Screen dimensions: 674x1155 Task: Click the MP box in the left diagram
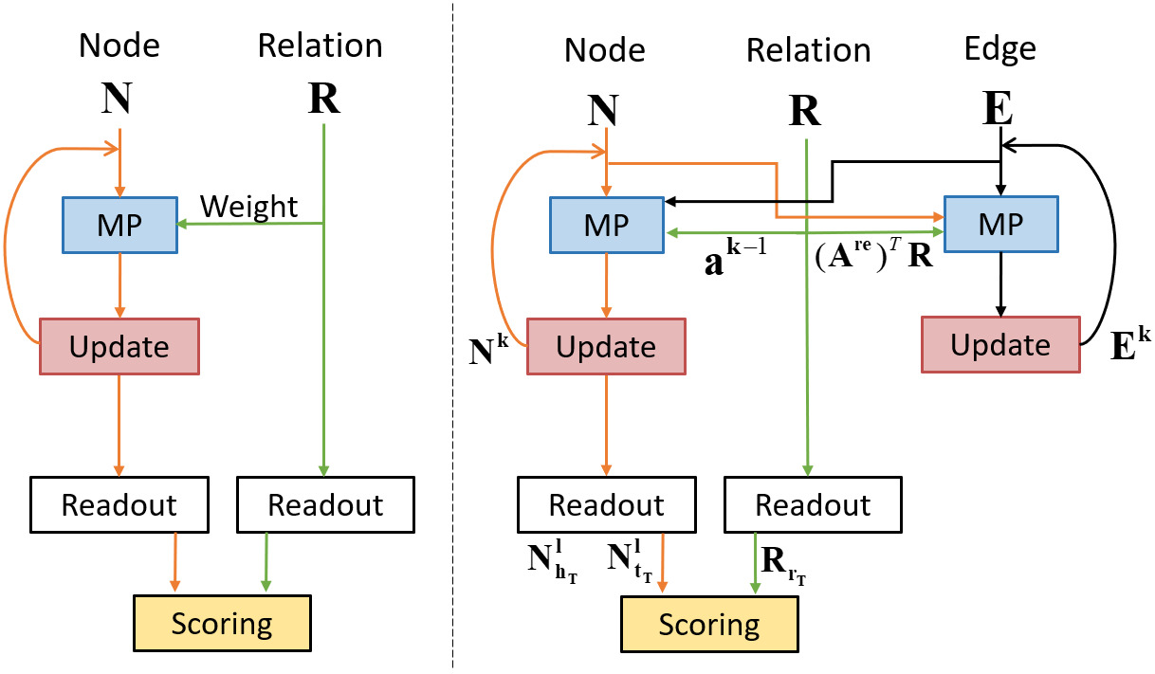tap(119, 226)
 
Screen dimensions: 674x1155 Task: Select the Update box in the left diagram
tap(119, 346)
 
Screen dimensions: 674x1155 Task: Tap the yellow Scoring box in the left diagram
tap(222, 623)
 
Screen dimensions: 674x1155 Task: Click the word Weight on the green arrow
tap(248, 207)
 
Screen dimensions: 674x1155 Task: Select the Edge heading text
tap(1000, 49)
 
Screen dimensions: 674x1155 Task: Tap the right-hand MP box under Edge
tap(1000, 225)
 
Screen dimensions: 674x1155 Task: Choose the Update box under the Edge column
tap(1000, 345)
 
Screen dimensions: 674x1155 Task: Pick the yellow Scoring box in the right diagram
tap(709, 625)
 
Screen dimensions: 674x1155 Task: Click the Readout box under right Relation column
tap(813, 504)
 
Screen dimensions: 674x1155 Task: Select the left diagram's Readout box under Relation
tap(325, 504)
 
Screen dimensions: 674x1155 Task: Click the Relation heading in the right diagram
tap(809, 49)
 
